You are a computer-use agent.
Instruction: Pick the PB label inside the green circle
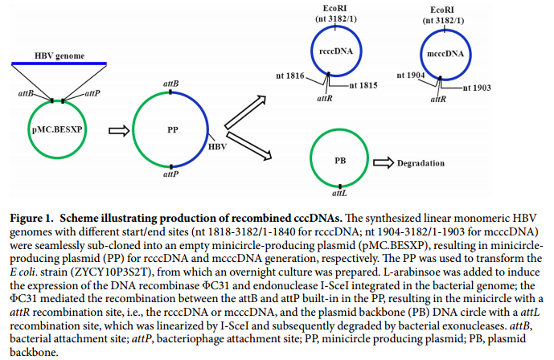(x=339, y=161)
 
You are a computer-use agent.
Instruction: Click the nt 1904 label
(x=409, y=77)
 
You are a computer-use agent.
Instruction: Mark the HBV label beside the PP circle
(x=218, y=148)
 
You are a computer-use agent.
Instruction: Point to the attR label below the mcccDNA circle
(x=438, y=99)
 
